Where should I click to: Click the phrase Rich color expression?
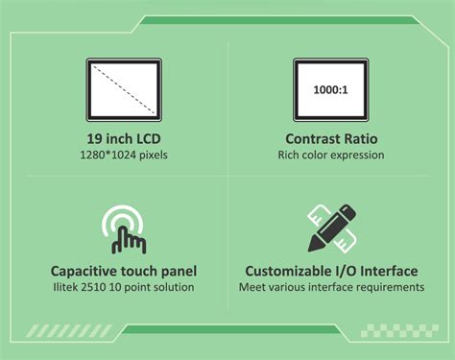[x=330, y=154]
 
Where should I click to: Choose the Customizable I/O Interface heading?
[x=330, y=271]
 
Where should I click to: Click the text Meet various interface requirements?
[x=330, y=287]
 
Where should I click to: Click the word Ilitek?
[x=63, y=287]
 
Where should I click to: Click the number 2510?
[x=94, y=287]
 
